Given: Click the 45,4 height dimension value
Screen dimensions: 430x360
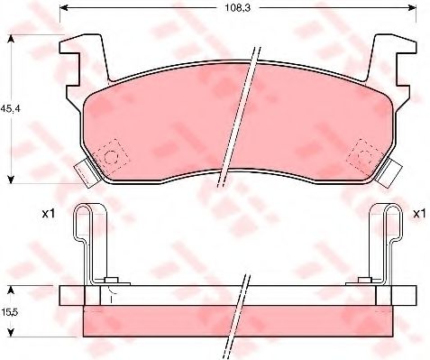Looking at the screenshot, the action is point(10,109).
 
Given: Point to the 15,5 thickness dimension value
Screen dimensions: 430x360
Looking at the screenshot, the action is point(10,312).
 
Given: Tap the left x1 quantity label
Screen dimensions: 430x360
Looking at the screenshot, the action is point(49,214).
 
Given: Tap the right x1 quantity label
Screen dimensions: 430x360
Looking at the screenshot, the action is point(419,214).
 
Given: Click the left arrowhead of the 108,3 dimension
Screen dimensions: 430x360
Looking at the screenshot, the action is point(63,7).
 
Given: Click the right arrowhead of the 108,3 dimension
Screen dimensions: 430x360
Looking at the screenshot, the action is point(413,7).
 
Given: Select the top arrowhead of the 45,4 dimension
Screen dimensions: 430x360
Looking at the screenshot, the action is point(11,39).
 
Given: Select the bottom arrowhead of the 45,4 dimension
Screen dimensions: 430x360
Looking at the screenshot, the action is point(11,180).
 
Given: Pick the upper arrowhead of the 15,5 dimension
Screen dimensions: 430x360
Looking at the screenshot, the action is point(11,290).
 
